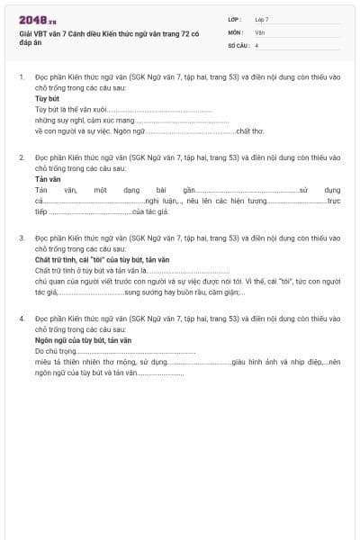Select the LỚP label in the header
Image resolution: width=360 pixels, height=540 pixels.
pos(235,18)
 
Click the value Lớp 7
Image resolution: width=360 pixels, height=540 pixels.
pos(262,18)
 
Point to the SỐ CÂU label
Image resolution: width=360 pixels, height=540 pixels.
pos(238,44)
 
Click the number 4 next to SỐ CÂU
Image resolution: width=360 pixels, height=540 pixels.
pos(257,44)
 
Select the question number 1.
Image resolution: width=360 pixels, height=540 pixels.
pos(21,77)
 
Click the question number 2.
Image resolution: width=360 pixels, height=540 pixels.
pos(21,157)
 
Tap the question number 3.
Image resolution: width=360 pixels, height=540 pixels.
pos(21,238)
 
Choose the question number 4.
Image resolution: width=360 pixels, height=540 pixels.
pos(21,319)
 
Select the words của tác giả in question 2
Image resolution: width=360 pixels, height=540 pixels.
pos(150,212)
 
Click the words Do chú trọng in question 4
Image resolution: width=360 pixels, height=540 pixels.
pos(53,351)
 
